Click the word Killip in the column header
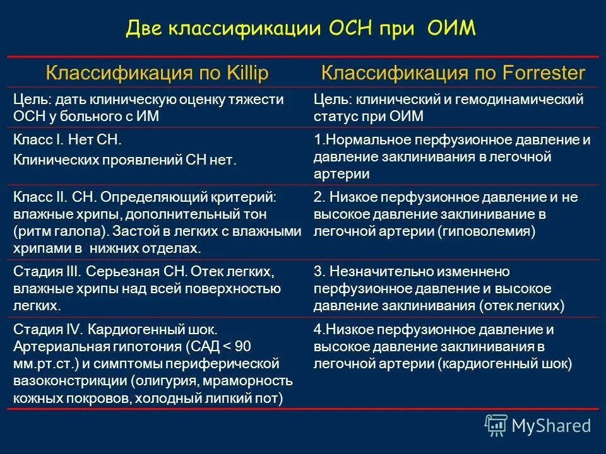pyautogui.click(x=246, y=73)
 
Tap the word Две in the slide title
pyautogui.click(x=145, y=28)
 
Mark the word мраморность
pyautogui.click(x=255, y=381)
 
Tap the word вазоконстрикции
pyautogui.click(x=70, y=381)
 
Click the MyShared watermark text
pyautogui.click(x=551, y=426)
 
